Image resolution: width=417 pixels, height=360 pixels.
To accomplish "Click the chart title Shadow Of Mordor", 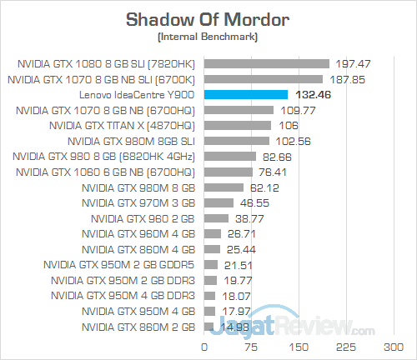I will tap(208, 19).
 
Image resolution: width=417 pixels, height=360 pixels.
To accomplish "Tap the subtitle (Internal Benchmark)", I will tap(208, 37).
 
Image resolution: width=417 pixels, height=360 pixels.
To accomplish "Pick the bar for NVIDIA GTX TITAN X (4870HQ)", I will tap(238, 125).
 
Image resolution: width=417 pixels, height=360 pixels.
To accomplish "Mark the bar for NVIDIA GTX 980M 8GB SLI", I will tap(236, 141).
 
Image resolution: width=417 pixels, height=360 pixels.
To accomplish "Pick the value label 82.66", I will tap(276, 156).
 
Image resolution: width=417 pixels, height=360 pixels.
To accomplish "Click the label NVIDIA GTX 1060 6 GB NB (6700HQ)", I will tap(105, 172).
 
